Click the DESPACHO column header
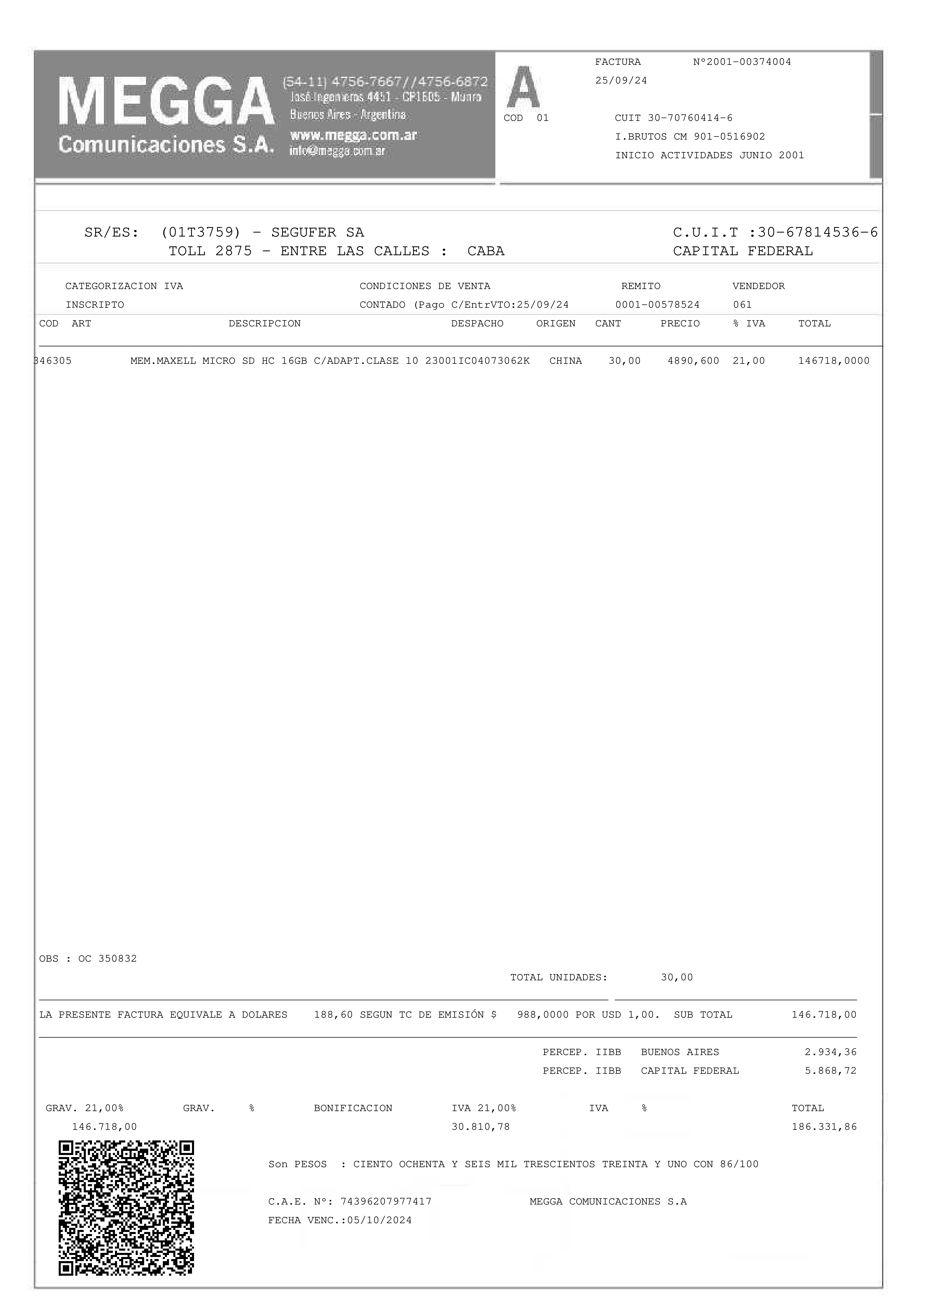[477, 324]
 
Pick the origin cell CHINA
[565, 361]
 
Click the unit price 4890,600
[693, 361]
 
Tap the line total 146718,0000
[833, 361]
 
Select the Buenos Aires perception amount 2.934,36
[831, 1052]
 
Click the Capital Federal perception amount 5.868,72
[831, 1071]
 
